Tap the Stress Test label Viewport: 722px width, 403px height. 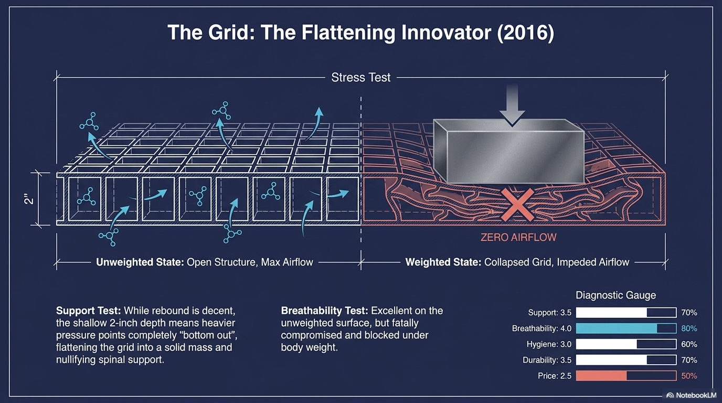pyautogui.click(x=361, y=78)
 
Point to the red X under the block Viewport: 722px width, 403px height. pyautogui.click(x=517, y=205)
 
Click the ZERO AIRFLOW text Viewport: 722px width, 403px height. pyautogui.click(x=518, y=237)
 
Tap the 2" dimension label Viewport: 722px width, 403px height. pyautogui.click(x=30, y=198)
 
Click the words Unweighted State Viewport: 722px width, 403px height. pyautogui.click(x=139, y=262)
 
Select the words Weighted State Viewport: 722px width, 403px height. pyautogui.click(x=443, y=262)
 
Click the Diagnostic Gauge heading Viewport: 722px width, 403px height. pyautogui.click(x=615, y=295)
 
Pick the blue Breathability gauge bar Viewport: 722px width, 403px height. pyautogui.click(x=625, y=328)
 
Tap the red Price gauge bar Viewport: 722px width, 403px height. pyautogui.click(x=625, y=376)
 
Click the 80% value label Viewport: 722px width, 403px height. pyautogui.click(x=689, y=328)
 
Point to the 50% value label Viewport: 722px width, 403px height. pyautogui.click(x=689, y=376)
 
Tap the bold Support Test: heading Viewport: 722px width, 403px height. pyautogui.click(x=88, y=311)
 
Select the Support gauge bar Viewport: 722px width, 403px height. pyautogui.click(x=625, y=313)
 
